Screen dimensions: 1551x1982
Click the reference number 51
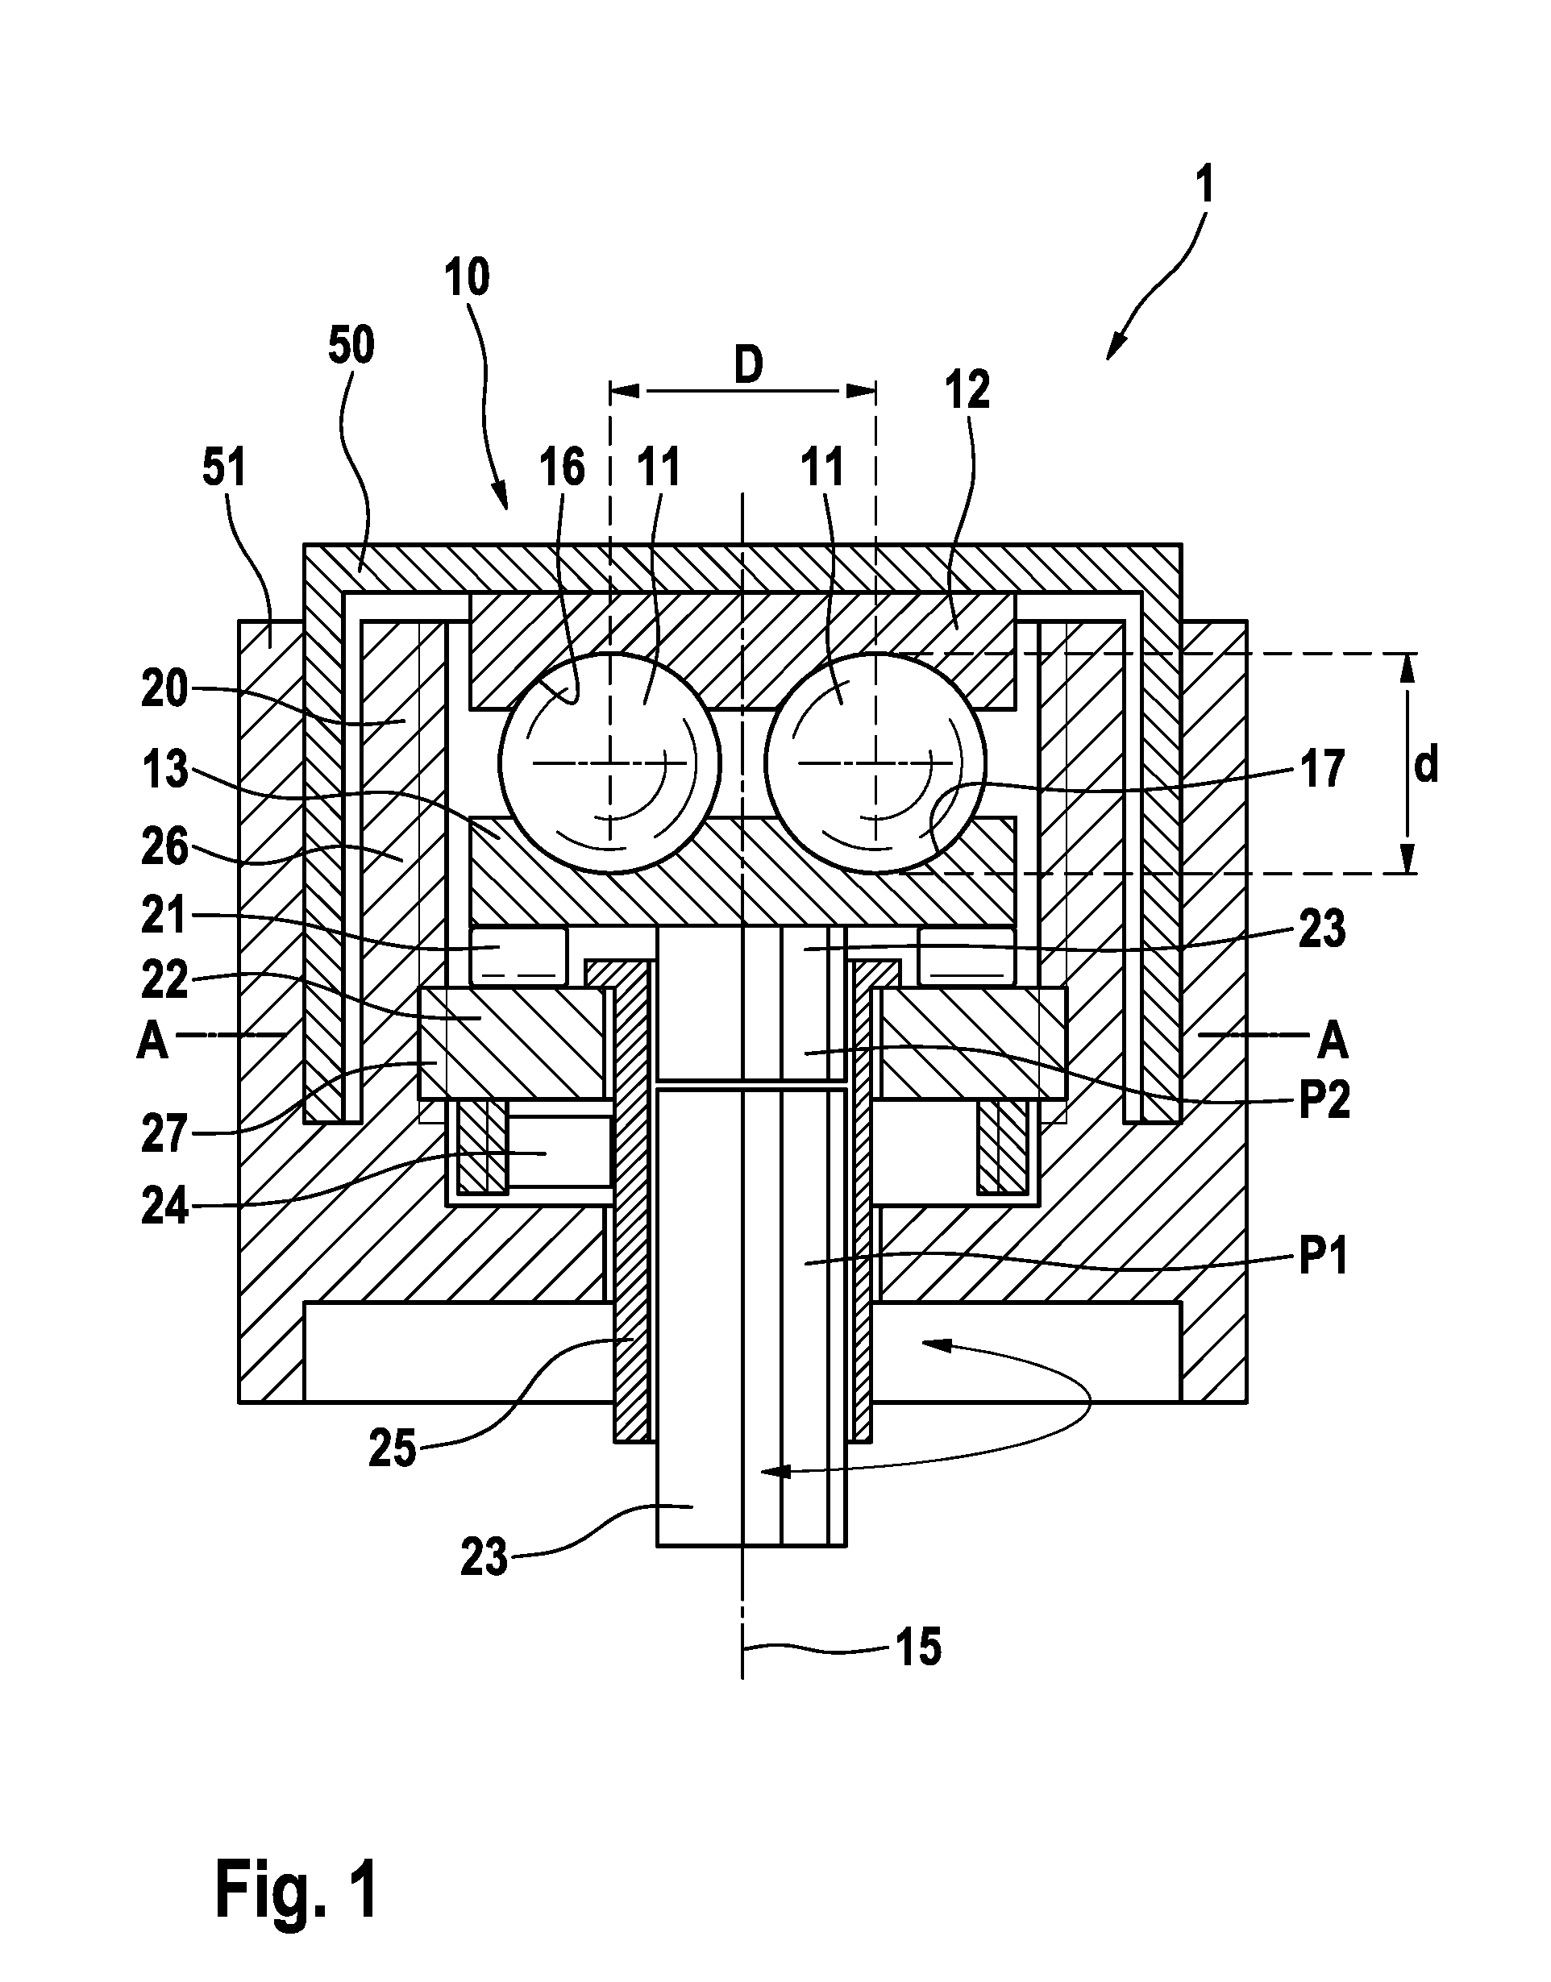[224, 469]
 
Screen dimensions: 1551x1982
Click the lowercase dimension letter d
[1427, 766]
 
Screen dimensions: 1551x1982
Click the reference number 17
[1323, 769]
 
